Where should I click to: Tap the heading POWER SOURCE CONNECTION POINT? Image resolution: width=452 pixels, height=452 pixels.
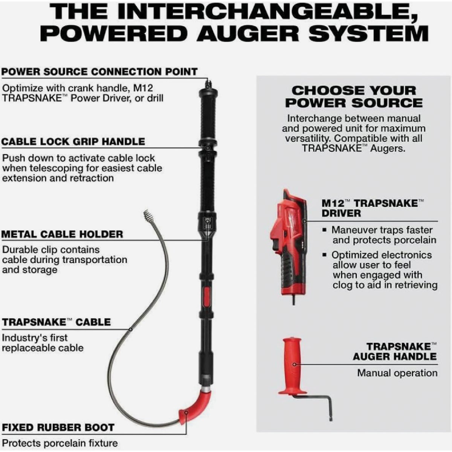[99, 72]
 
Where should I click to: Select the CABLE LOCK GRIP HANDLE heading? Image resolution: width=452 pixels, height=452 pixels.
[73, 142]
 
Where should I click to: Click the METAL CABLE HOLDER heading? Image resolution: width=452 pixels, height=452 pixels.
[62, 234]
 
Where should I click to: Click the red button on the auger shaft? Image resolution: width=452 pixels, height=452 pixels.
[206, 297]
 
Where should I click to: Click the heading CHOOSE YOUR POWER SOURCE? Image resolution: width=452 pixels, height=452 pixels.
[354, 97]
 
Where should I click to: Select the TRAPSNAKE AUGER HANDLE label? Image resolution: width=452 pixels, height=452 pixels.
[395, 351]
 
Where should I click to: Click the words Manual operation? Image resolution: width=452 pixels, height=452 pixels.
[397, 373]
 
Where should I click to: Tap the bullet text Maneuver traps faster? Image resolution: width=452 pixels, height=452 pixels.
[382, 230]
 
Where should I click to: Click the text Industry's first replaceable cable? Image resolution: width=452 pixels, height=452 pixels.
[43, 343]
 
